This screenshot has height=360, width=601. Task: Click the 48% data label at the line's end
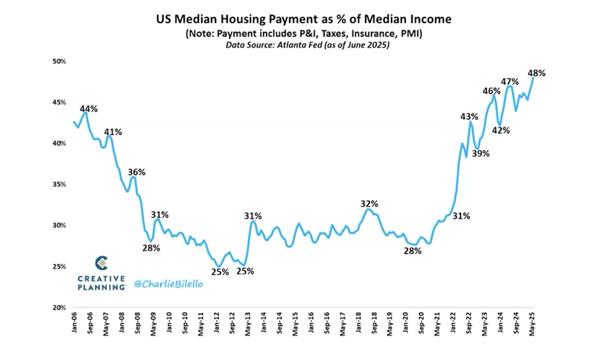pyautogui.click(x=536, y=73)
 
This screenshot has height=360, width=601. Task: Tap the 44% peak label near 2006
pyautogui.click(x=88, y=109)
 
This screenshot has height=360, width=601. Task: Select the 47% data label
pyautogui.click(x=510, y=82)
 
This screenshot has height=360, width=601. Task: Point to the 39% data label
pyautogui.click(x=480, y=153)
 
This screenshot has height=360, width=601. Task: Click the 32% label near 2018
pyautogui.click(x=369, y=204)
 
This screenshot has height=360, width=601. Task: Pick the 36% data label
pyautogui.click(x=136, y=172)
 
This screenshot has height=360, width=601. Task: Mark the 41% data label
pyautogui.click(x=113, y=132)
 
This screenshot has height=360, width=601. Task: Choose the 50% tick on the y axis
pyautogui.click(x=59, y=61)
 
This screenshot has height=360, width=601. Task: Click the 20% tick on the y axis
pyautogui.click(x=59, y=308)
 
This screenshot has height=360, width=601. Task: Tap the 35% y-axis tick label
pyautogui.click(x=59, y=185)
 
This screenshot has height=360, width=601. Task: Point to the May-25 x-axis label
pyautogui.click(x=532, y=324)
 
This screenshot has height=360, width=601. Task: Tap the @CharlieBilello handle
pyautogui.click(x=169, y=284)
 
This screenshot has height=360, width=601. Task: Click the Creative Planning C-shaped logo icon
pyautogui.click(x=101, y=263)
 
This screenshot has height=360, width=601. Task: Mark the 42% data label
pyautogui.click(x=501, y=131)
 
